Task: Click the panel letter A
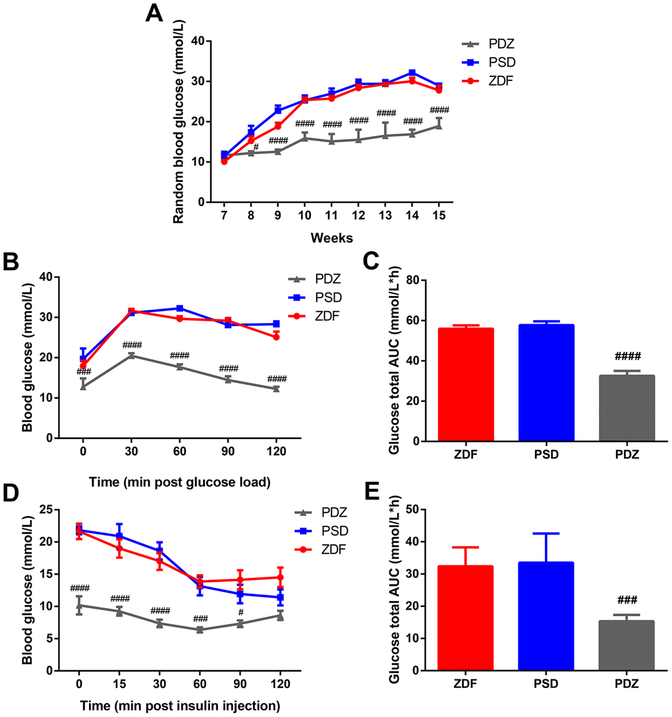tap(154, 13)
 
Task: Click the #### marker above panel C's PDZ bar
tap(627, 356)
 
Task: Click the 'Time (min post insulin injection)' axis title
tap(181, 706)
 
